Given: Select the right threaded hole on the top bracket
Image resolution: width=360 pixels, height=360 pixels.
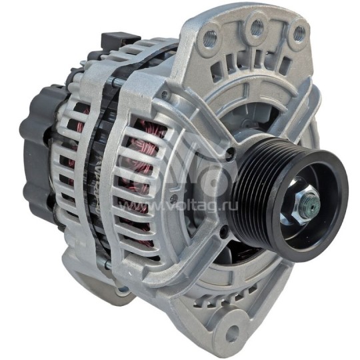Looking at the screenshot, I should [x=298, y=32].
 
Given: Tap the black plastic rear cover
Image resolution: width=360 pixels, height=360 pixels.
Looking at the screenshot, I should [x=37, y=153].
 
